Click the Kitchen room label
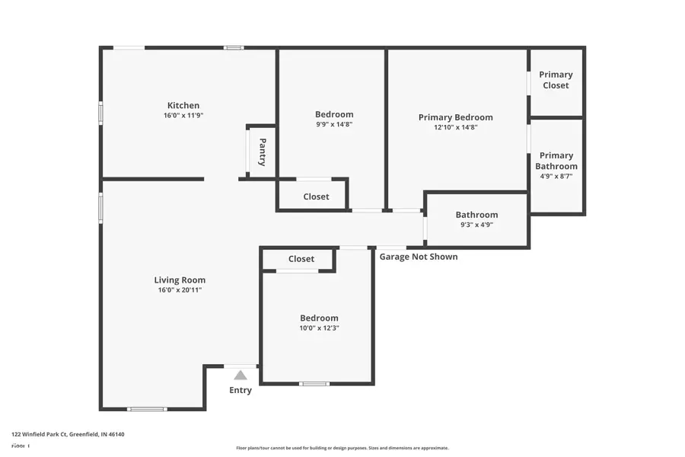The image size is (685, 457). pyautogui.click(x=183, y=105)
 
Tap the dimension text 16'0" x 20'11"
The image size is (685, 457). pyautogui.click(x=180, y=290)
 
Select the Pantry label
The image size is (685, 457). pyautogui.click(x=262, y=152)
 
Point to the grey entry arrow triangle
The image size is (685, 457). pyautogui.click(x=241, y=375)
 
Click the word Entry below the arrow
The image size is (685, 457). pyautogui.click(x=241, y=391)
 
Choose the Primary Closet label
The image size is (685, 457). pyautogui.click(x=556, y=80)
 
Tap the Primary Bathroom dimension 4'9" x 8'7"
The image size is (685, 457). pyautogui.click(x=556, y=176)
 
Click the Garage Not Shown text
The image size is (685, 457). pyautogui.click(x=419, y=257)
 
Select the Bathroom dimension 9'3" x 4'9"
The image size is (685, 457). pyautogui.click(x=476, y=225)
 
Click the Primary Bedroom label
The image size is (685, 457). pyautogui.click(x=455, y=117)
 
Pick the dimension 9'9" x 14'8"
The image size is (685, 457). pyautogui.click(x=333, y=124)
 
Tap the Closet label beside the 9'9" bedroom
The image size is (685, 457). pyautogui.click(x=316, y=197)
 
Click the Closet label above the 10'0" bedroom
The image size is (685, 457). pyautogui.click(x=301, y=259)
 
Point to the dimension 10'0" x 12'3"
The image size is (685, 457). pyautogui.click(x=319, y=328)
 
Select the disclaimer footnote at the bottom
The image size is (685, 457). pyautogui.click(x=342, y=448)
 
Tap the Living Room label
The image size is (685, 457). pyautogui.click(x=180, y=280)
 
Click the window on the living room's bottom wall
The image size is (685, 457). pyautogui.click(x=146, y=409)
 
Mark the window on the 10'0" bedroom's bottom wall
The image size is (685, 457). pyautogui.click(x=314, y=384)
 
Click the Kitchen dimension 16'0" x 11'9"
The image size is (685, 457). pyautogui.click(x=183, y=116)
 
